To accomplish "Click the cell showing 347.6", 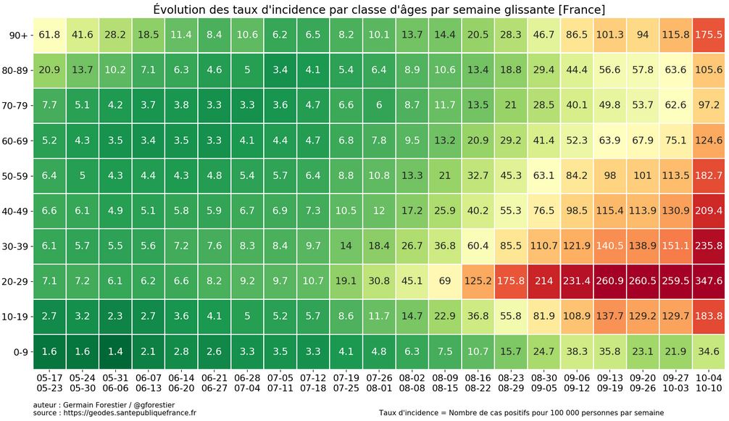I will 708,281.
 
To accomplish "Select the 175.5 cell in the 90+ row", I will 708,35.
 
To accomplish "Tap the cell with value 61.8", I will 49,35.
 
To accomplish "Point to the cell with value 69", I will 444,281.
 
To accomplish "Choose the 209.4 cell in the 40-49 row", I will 708,211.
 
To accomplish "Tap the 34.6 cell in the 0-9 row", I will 708,351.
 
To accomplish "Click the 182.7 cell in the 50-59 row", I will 708,175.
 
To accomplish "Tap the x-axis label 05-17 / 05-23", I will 49,383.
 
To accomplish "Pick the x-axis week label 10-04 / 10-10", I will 708,383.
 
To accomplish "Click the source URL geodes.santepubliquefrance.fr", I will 126,413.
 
